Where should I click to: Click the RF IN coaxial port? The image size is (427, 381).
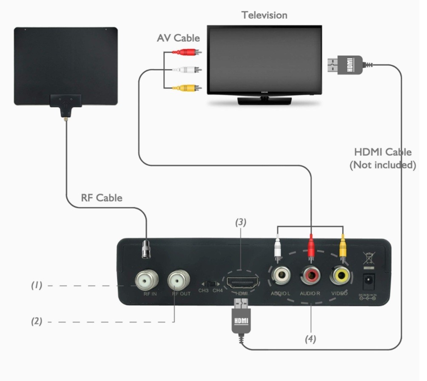click(x=147, y=279)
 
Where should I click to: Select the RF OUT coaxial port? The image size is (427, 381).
click(x=179, y=279)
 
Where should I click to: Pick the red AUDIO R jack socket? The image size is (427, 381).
click(x=311, y=277)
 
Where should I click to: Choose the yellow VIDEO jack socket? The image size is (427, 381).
click(x=342, y=276)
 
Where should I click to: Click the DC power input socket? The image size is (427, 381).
click(x=368, y=281)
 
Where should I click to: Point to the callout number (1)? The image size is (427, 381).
click(x=37, y=285)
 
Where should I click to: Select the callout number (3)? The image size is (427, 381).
click(x=241, y=222)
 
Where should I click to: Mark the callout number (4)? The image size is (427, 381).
click(x=310, y=339)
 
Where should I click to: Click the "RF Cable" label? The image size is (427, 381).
click(x=102, y=198)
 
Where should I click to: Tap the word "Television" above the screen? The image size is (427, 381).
click(x=264, y=15)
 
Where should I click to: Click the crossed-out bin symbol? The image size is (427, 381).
click(x=368, y=258)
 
